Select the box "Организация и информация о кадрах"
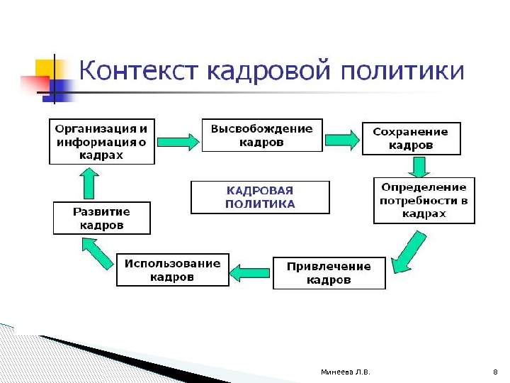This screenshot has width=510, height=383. click(x=102, y=142)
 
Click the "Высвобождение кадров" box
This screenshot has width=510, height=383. click(x=261, y=135)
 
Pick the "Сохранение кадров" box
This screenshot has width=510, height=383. click(x=411, y=138)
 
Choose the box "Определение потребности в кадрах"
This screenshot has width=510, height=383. click(x=424, y=200)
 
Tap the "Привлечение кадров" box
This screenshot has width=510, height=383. click(x=329, y=273)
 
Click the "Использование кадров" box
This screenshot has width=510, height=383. click(x=173, y=270)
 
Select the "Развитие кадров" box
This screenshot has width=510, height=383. click(x=102, y=218)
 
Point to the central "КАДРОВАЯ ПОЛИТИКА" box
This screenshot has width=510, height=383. click(x=260, y=197)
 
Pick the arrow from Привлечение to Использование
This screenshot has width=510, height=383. click(x=250, y=272)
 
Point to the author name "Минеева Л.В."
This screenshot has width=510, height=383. click(x=345, y=372)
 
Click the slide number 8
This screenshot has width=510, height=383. click(x=494, y=372)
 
